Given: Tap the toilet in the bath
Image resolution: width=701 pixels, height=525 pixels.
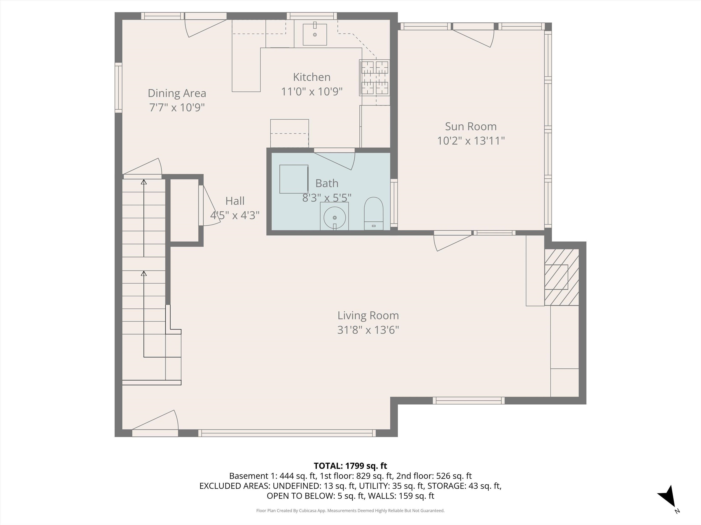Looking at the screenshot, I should pos(374,213).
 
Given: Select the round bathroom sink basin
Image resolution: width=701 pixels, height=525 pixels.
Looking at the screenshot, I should pos(335,218).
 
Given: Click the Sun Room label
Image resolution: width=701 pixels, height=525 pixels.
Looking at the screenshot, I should pos(471,126).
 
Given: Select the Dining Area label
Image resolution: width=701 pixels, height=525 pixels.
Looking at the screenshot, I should pos(177,93).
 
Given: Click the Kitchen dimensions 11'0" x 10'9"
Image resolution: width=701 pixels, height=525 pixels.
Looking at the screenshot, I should pos(312,91).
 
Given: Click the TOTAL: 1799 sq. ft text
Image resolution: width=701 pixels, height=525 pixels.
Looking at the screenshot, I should pos(350,466).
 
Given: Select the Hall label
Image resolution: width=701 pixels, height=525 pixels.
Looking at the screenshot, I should pos(235,201).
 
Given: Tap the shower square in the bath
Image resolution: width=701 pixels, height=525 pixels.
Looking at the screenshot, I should pos(293,179).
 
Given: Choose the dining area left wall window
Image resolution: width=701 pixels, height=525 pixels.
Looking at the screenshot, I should pos(118,87).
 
